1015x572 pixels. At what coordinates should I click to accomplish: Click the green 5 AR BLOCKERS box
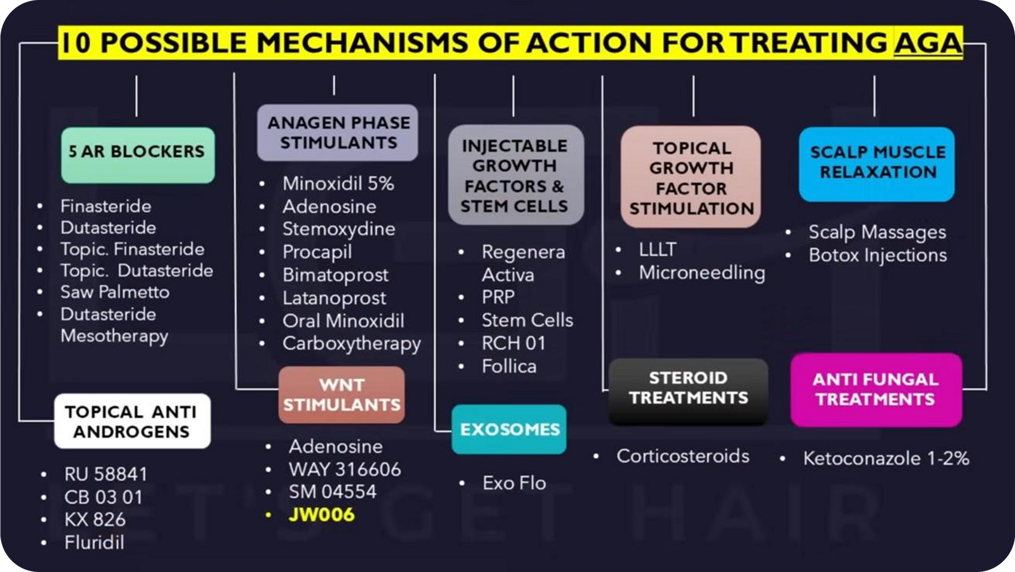point(138,155)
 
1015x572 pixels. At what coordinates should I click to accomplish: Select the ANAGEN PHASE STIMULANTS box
point(337,132)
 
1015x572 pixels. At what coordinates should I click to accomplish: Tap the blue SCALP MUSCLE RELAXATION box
point(877,164)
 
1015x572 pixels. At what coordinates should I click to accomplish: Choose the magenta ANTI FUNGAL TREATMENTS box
point(876,390)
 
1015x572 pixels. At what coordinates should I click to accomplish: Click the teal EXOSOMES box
point(509,429)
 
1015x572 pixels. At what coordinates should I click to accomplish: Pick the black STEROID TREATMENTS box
point(688,392)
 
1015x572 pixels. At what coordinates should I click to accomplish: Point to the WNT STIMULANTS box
point(342,395)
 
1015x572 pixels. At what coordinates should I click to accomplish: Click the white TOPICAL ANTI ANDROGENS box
point(132,421)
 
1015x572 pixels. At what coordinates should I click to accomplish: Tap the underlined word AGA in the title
point(928,43)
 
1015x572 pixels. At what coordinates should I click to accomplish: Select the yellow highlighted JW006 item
point(321,515)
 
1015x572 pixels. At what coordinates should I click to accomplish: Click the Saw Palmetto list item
point(115,292)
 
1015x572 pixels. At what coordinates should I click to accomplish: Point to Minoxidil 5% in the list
point(338,184)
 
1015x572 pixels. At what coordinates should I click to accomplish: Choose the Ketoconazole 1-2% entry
point(886,458)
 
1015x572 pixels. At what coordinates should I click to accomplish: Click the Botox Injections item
point(878,256)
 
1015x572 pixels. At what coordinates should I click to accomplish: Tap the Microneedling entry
point(702,273)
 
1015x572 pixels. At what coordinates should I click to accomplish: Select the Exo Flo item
point(514,483)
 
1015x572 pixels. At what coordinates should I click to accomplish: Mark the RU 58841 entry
point(106,474)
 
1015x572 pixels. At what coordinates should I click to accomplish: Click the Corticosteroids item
point(683,456)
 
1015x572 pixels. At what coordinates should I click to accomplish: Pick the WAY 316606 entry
point(345,469)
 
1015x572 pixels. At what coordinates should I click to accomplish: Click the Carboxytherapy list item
point(352,344)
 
